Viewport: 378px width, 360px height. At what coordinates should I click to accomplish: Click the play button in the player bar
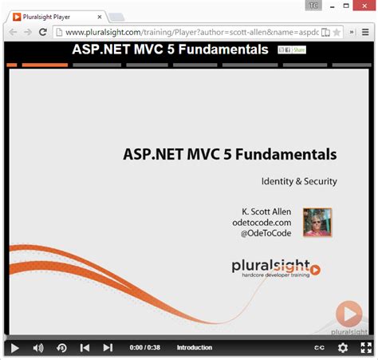click(x=14, y=348)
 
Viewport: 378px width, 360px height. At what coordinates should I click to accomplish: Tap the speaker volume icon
click(x=37, y=348)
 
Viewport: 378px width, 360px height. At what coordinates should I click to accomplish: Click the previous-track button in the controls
click(x=85, y=348)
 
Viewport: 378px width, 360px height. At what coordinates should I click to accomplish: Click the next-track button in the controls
click(x=108, y=348)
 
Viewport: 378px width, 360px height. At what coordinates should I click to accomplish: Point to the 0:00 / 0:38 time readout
click(x=144, y=348)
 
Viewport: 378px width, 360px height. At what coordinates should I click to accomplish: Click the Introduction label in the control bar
click(x=195, y=348)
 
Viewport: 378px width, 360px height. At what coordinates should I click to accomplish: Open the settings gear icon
click(x=343, y=348)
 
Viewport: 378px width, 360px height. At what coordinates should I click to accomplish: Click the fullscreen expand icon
click(x=366, y=348)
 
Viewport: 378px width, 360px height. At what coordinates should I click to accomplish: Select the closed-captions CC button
click(x=320, y=348)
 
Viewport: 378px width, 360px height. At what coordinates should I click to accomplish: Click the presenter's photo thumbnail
click(x=317, y=223)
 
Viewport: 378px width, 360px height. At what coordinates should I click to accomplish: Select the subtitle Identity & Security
click(x=299, y=181)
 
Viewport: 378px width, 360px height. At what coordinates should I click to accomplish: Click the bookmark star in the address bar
click(x=337, y=32)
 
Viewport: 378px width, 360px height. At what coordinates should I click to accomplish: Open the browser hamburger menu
click(x=367, y=32)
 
